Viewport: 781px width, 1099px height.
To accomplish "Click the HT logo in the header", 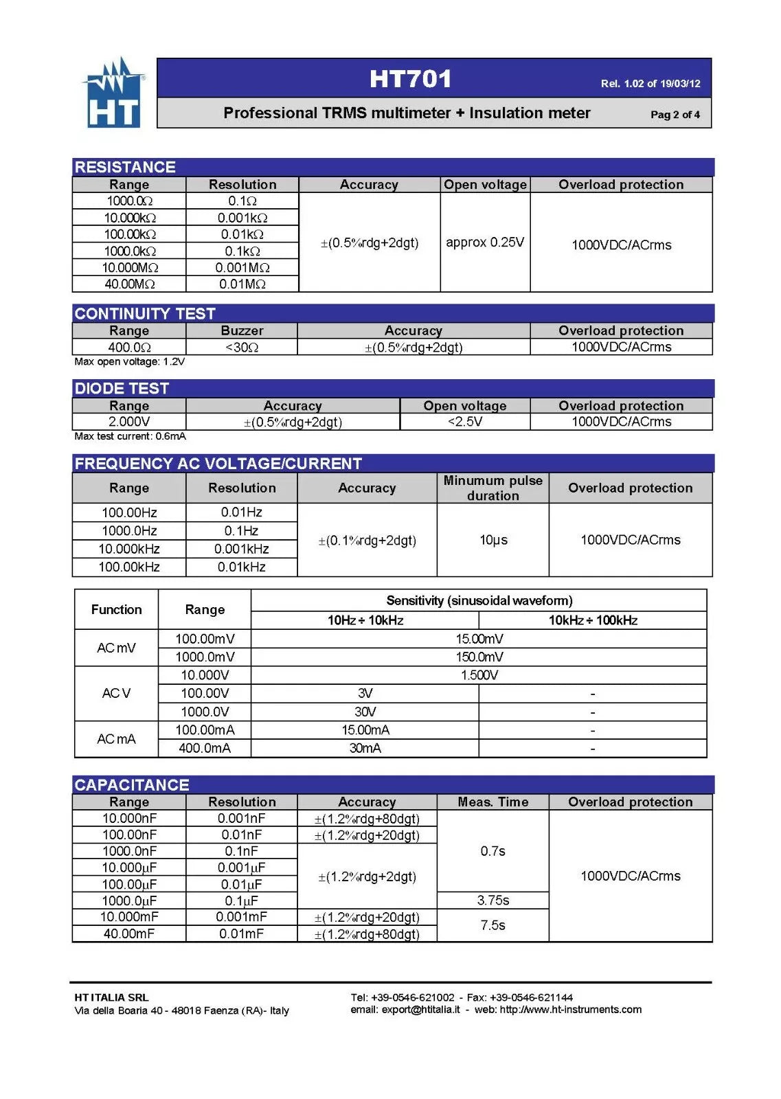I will [x=114, y=93].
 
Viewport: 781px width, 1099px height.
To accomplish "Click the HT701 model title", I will [x=410, y=79].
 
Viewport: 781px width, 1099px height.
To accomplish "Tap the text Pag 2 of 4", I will [x=675, y=115].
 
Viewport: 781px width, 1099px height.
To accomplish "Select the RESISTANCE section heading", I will [x=125, y=167].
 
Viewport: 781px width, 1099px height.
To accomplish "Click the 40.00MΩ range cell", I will [x=129, y=284].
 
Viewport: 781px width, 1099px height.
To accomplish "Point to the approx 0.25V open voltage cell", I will [x=485, y=242].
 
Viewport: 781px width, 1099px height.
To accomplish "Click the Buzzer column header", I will [x=242, y=330].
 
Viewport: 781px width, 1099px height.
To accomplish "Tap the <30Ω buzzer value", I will [x=242, y=348].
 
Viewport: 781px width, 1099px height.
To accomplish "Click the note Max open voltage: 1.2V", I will [x=130, y=362].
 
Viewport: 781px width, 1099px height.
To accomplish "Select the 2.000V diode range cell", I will [x=129, y=422].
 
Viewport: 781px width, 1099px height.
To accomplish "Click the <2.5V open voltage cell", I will [x=465, y=422].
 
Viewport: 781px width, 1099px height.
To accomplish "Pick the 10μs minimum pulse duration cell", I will [x=493, y=540].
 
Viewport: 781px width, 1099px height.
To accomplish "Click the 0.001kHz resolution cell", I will [x=242, y=549].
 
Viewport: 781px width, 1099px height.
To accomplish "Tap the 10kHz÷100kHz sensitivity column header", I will [x=593, y=620].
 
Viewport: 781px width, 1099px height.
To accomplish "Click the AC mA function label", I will [x=116, y=739].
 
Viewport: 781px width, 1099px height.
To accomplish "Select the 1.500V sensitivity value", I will [x=479, y=675].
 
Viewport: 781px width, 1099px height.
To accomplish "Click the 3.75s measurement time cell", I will [x=493, y=900].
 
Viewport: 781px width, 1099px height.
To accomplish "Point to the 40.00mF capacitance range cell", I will [x=129, y=933].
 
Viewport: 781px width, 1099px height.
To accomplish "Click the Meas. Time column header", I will [x=493, y=802].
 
